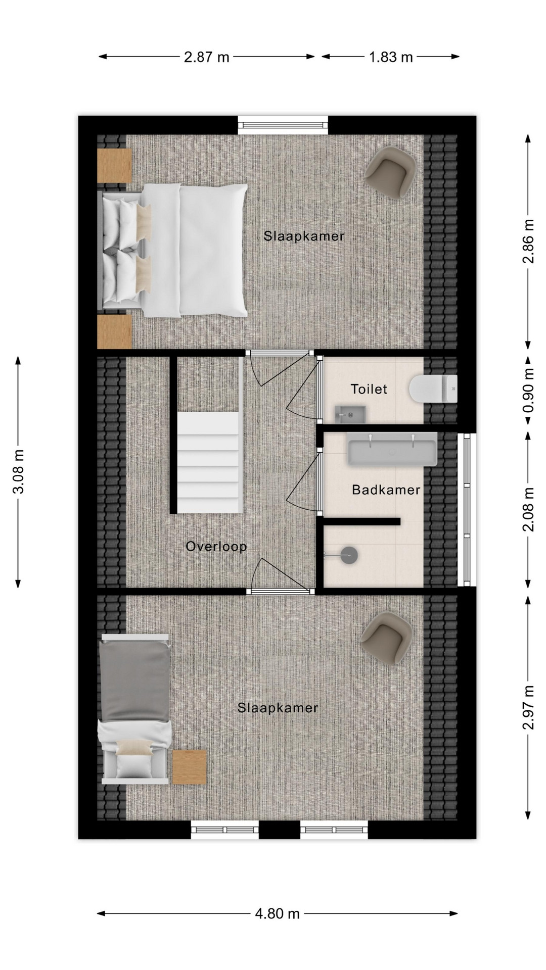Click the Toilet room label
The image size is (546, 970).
coord(369,389)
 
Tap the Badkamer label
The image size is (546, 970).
coord(386,490)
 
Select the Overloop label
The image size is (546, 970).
coord(216,546)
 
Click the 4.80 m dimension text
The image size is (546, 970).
coord(277,913)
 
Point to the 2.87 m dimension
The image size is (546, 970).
coord(206,57)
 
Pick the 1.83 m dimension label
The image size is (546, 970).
coord(391,57)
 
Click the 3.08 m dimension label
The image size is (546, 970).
coord(19,471)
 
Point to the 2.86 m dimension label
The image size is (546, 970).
coord(528,241)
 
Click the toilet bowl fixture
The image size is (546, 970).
coord(433,389)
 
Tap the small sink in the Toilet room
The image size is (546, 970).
coord(350,414)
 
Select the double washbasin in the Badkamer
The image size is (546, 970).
coord(392,449)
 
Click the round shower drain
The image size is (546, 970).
coord(348,555)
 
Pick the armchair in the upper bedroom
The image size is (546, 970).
coord(391,172)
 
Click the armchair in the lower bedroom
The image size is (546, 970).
coord(386,637)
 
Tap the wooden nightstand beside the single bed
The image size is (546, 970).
coord(189,767)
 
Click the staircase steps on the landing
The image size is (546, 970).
coord(208,462)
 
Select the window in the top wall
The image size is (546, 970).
coord(283,125)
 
